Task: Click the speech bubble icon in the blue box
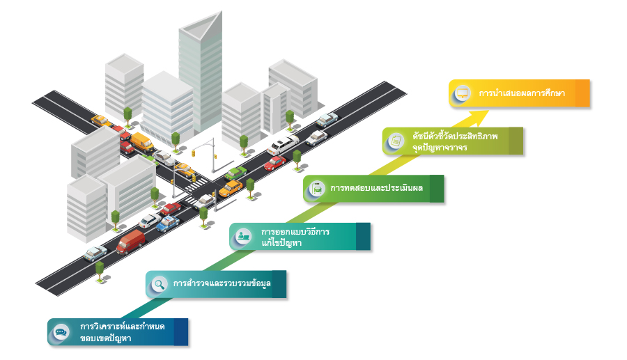click(61, 332)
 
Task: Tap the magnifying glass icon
click(160, 284)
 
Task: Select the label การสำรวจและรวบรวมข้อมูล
click(221, 284)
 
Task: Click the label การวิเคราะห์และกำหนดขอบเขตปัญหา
click(121, 332)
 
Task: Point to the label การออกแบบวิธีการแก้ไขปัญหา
click(295, 236)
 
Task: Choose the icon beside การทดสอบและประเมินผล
click(317, 188)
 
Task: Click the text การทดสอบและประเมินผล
click(369, 188)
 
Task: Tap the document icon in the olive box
click(396, 141)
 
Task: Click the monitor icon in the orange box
click(461, 93)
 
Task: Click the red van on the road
click(130, 242)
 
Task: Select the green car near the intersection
click(236, 173)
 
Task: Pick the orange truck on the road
click(141, 141)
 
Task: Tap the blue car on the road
click(167, 223)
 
